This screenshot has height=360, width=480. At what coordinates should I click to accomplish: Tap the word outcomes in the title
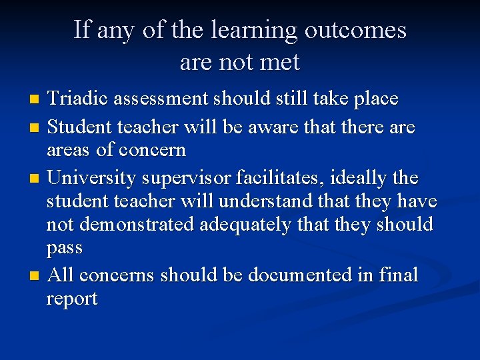pos(355,30)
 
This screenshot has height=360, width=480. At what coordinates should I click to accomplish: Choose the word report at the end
pos(71,299)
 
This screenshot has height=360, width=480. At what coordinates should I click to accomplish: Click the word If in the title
pos(81,30)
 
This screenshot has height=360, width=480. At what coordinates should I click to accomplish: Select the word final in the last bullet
pos(396,275)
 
